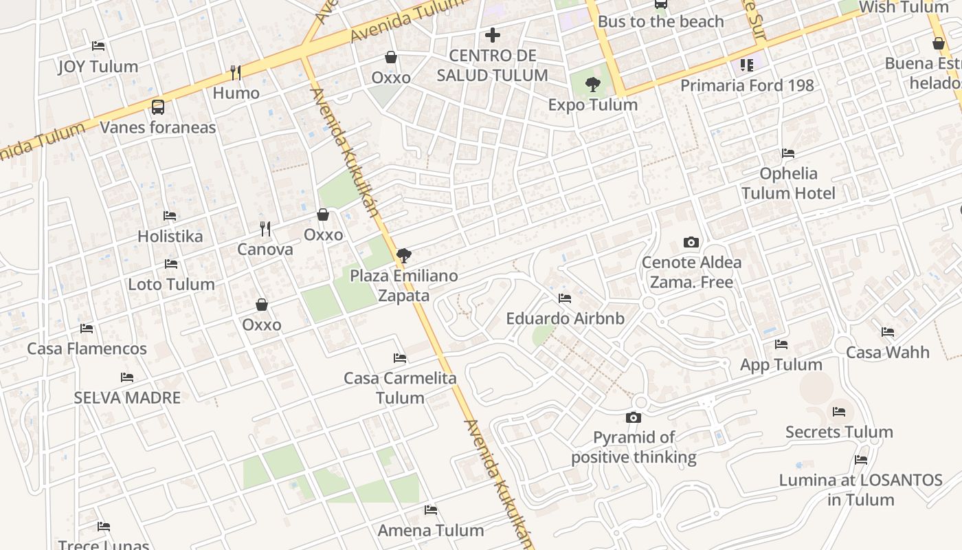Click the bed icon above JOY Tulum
(98, 46)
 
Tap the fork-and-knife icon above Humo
(236, 72)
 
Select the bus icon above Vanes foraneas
(158, 107)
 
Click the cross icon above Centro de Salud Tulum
(493, 34)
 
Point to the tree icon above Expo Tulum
(592, 85)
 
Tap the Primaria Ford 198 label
(747, 85)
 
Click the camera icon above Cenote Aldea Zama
(691, 242)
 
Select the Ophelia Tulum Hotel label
(788, 184)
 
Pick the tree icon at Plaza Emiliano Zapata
(404, 256)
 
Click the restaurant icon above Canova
(265, 229)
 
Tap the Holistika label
(170, 236)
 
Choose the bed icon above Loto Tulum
(171, 264)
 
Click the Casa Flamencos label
(87, 349)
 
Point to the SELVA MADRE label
(127, 397)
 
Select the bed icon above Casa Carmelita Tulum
(400, 358)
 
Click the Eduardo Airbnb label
(565, 319)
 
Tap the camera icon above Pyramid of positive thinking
(634, 417)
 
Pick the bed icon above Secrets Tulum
(839, 412)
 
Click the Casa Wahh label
(887, 353)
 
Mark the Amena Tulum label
(431, 530)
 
